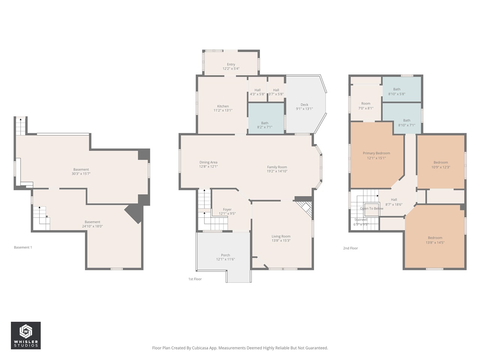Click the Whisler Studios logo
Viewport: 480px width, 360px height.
[25, 335]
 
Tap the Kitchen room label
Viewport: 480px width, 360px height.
[223, 106]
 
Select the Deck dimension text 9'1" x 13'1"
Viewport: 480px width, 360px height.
[304, 109]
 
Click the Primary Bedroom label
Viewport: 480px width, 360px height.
[376, 153]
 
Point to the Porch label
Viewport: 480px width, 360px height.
[225, 255]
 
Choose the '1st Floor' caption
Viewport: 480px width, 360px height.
[195, 279]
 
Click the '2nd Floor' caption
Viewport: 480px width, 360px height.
[350, 248]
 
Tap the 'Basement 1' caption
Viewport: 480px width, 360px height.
[23, 247]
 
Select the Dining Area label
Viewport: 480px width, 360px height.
[208, 162]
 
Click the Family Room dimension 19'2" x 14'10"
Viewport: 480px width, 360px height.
[277, 171]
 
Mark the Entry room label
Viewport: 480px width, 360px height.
[231, 64]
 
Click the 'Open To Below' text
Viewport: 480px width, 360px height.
[372, 208]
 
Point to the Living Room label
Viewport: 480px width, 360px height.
[281, 237]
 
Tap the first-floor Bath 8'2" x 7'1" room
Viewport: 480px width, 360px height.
[265, 125]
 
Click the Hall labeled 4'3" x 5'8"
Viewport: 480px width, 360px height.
[257, 92]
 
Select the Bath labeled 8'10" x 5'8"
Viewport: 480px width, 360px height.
[397, 92]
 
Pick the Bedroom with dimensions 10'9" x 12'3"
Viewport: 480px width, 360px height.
[441, 165]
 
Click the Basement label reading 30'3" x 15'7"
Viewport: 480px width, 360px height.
[81, 172]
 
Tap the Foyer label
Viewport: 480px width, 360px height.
[227, 210]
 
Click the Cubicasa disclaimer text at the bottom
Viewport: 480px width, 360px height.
[240, 348]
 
